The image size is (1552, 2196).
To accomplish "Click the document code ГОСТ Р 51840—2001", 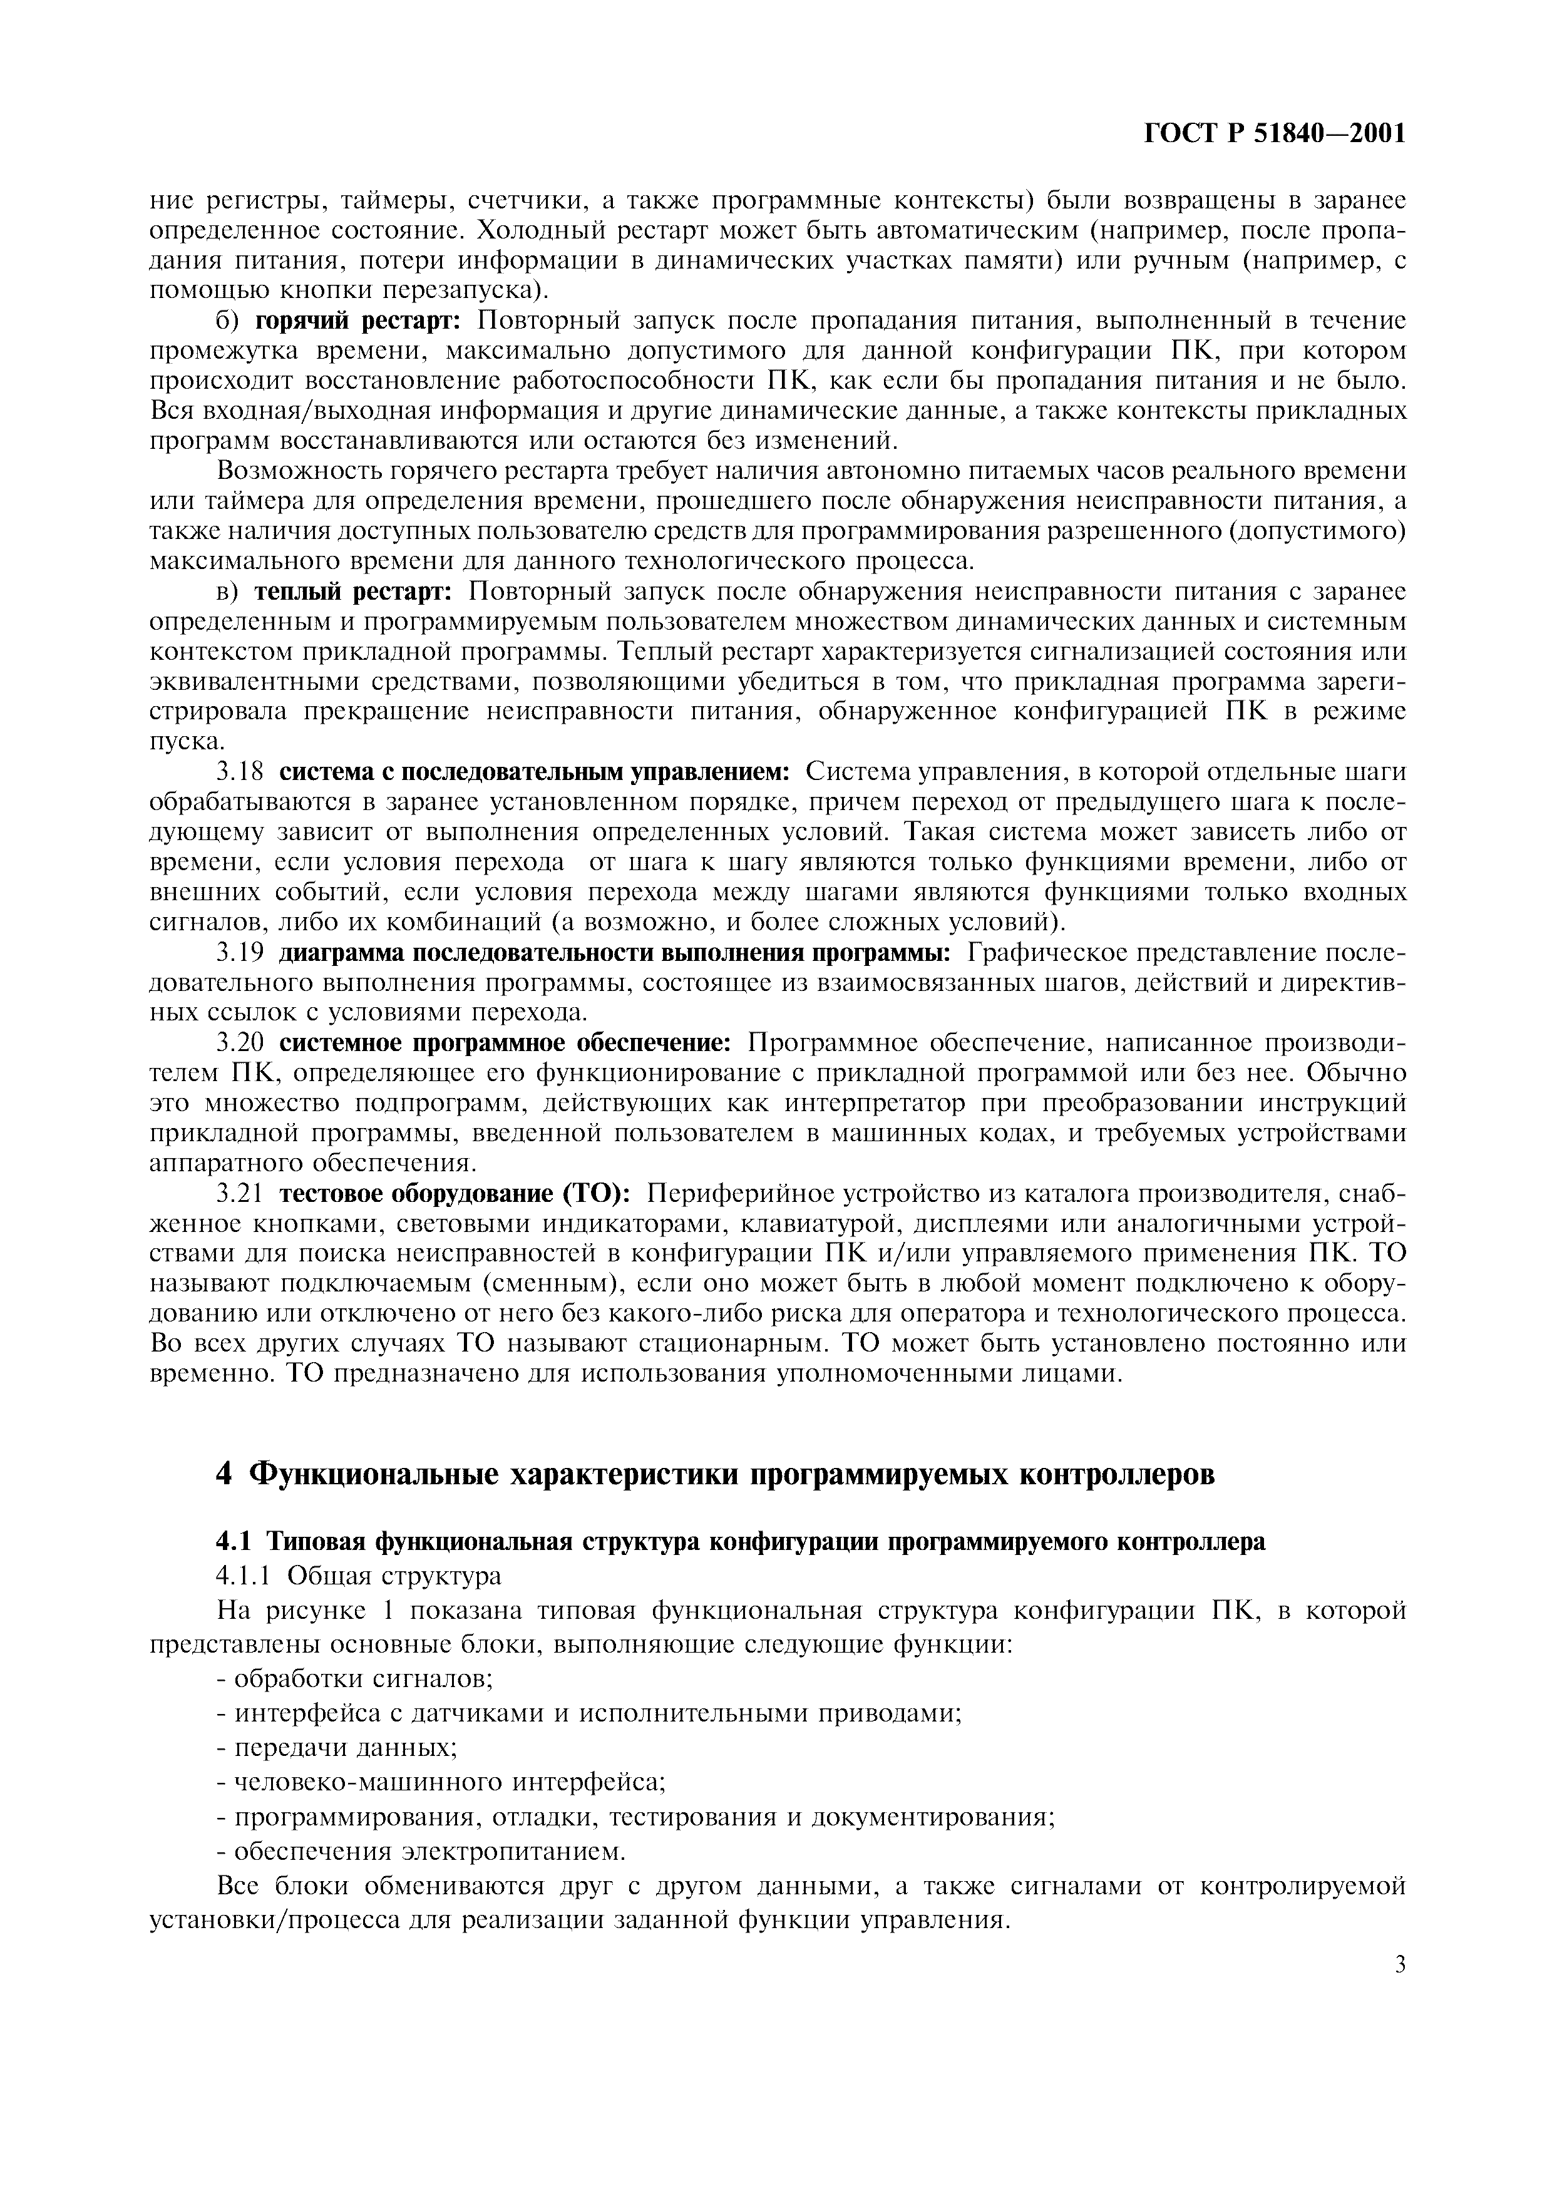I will pyautogui.click(x=1275, y=133).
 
